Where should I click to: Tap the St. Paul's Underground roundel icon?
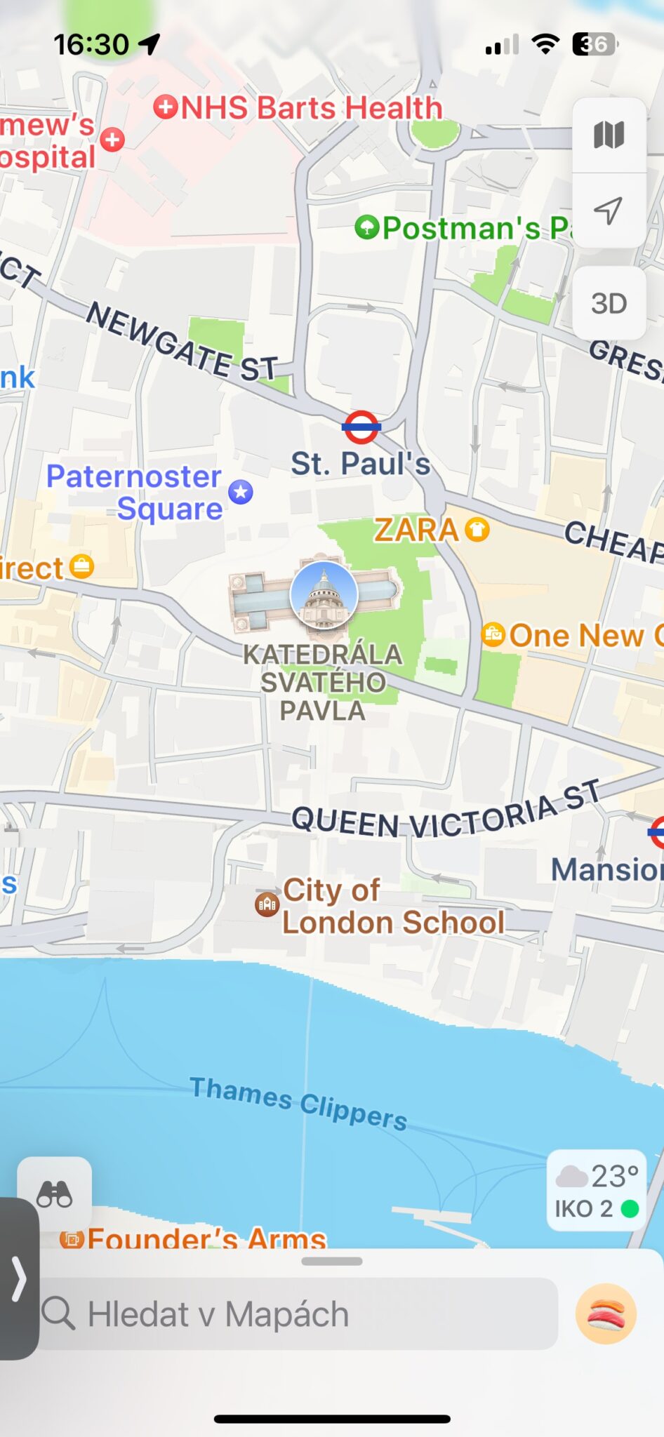[x=361, y=427]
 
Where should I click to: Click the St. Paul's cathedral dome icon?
[x=324, y=594]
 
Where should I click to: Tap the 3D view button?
[x=609, y=304]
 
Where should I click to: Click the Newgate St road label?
[x=182, y=342]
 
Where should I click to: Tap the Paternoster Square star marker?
[x=241, y=492]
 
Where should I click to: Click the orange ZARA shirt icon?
[x=477, y=530]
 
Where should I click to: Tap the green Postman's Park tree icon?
[x=366, y=227]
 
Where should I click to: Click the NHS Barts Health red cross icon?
[x=166, y=107]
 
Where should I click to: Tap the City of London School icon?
[x=267, y=904]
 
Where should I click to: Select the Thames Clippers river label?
[x=298, y=1103]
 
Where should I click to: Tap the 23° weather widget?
[x=597, y=1191]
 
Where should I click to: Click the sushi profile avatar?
[x=606, y=1314]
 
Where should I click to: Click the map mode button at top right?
[x=609, y=135]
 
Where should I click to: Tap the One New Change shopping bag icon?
[x=493, y=635]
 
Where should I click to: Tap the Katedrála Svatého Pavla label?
[x=323, y=682]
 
